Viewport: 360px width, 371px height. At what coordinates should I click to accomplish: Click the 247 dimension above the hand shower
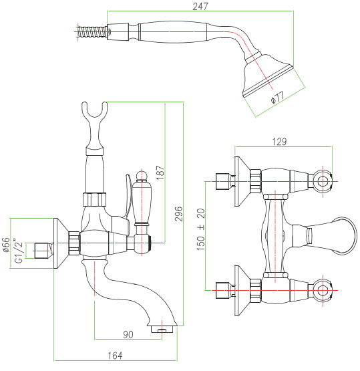click(200, 7)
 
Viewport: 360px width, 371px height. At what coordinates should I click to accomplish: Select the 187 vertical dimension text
click(160, 172)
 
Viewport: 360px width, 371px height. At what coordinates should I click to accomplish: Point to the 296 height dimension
click(179, 214)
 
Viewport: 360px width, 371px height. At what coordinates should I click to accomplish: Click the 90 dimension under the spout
click(128, 334)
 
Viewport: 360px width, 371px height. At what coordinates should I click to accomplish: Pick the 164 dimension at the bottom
click(116, 356)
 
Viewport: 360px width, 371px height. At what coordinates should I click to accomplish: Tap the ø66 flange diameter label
click(7, 245)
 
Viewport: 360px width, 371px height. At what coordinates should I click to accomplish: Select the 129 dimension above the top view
click(279, 142)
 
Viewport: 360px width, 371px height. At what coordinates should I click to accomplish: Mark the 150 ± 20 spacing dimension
click(201, 229)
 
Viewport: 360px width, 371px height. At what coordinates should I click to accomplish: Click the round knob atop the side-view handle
click(142, 175)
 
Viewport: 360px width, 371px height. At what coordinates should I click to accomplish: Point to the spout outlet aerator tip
click(162, 330)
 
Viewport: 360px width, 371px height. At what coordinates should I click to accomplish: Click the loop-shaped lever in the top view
click(343, 235)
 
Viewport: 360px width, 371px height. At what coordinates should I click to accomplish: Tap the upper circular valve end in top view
click(322, 181)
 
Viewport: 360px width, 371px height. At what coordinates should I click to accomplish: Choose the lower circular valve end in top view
click(322, 290)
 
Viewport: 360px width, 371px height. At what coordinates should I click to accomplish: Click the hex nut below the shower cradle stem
click(95, 199)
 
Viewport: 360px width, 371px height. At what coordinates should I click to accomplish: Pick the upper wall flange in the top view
click(242, 181)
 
